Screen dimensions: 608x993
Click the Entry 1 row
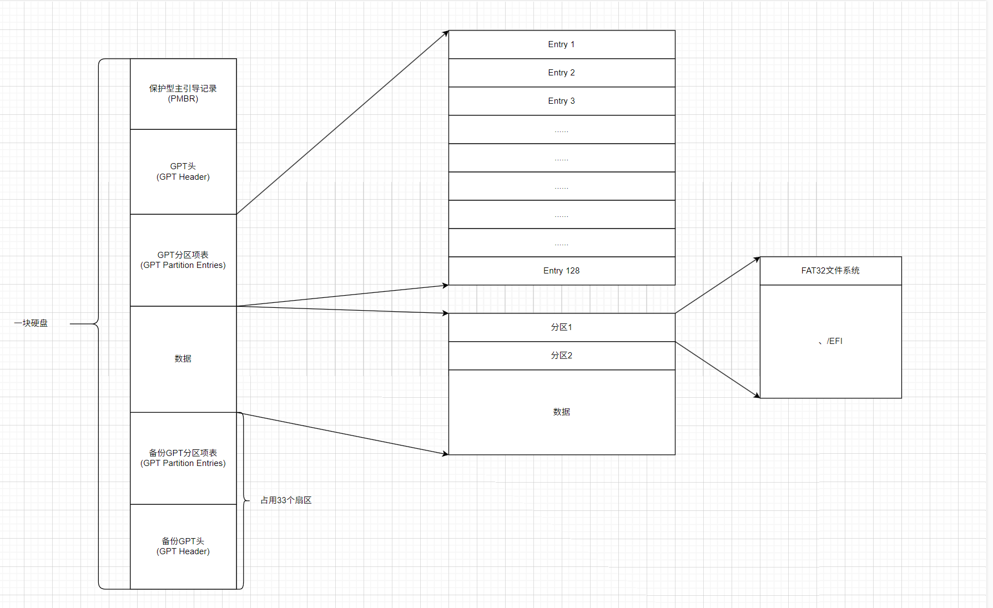[561, 44]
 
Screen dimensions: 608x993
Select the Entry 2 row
[561, 73]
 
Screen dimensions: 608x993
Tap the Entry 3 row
[561, 101]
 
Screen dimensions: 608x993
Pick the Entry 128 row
[561, 271]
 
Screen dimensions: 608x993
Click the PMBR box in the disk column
[183, 94]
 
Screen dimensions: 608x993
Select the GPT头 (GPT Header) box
[183, 171]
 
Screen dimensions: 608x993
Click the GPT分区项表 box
[183, 260]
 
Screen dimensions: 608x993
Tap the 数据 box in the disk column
[183, 359]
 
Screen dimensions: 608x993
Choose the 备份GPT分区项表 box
[183, 458]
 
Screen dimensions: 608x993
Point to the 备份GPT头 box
[183, 546]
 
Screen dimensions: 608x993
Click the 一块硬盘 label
[31, 323]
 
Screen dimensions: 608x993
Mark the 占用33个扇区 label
[286, 500]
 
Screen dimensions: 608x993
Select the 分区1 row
[561, 327]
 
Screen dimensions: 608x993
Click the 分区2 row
[561, 356]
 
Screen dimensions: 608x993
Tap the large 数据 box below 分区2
[561, 412]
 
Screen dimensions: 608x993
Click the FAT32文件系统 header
[830, 271]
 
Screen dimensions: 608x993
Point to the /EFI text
[834, 341]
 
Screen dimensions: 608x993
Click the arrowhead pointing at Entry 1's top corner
[445, 33]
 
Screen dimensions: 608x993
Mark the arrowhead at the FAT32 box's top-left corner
[757, 259]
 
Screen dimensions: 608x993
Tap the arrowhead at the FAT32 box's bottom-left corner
[757, 396]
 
